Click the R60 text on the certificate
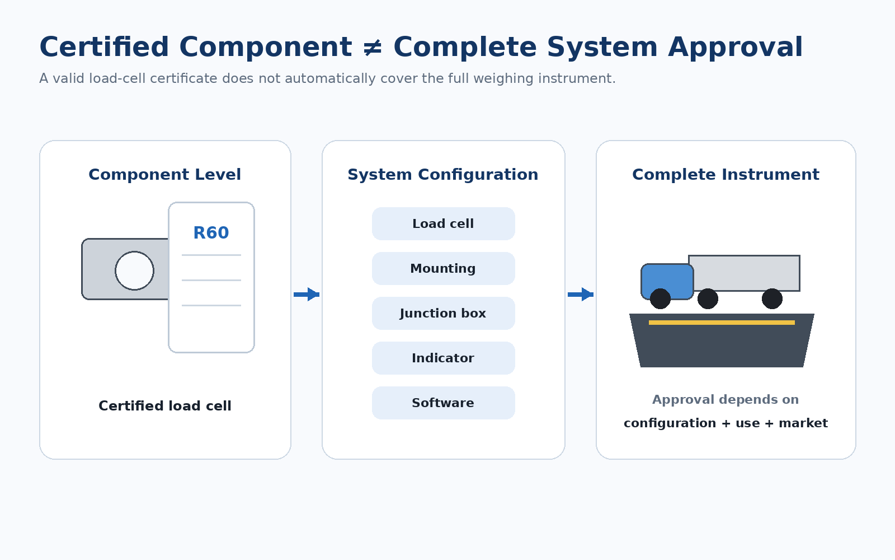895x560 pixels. click(211, 233)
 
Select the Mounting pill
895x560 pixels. click(444, 268)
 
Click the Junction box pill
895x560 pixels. click(444, 313)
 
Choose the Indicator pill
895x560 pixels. click(444, 358)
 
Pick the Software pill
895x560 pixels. click(444, 403)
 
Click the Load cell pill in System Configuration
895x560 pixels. click(444, 223)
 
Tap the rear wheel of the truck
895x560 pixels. click(772, 299)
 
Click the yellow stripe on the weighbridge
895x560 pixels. click(722, 323)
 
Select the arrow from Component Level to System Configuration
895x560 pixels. click(307, 295)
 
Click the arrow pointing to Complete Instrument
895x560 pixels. click(581, 295)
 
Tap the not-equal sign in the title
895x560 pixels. click(373, 48)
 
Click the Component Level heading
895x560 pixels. click(164, 175)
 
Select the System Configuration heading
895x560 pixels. click(443, 175)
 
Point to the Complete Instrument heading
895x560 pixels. click(726, 175)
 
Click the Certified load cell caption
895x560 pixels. click(165, 406)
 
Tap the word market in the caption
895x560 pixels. click(803, 423)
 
